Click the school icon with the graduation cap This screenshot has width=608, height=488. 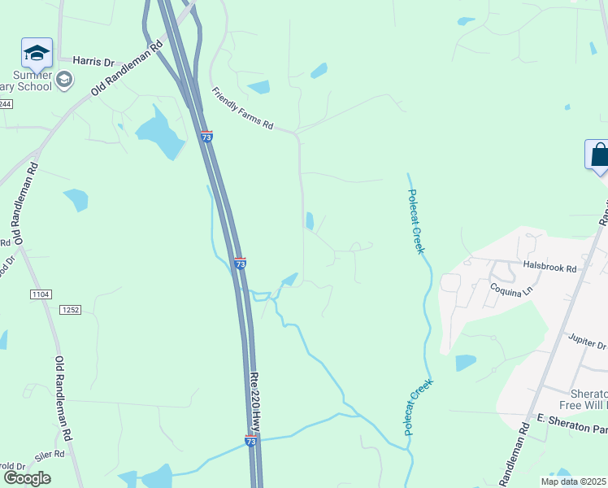click(37, 53)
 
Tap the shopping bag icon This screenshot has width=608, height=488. click(598, 155)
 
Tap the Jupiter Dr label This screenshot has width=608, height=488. click(587, 340)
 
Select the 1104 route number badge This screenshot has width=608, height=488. click(40, 293)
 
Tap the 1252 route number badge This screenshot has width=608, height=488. click(71, 309)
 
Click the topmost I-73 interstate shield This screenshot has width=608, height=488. click(207, 137)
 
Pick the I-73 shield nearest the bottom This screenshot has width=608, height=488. click(251, 440)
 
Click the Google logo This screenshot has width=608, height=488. click(27, 478)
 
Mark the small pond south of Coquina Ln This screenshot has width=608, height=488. click(466, 363)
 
